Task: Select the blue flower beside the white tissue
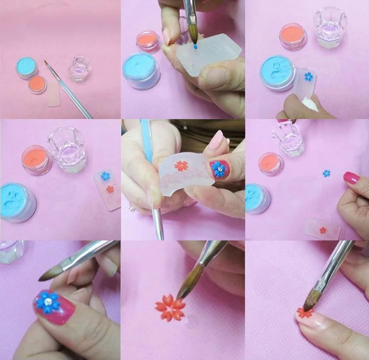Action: (309, 76)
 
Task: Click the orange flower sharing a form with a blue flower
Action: (110, 189)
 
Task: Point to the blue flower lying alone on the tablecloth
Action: (327, 174)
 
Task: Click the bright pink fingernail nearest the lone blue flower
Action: (351, 178)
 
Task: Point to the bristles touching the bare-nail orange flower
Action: (310, 303)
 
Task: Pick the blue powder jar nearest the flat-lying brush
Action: (27, 68)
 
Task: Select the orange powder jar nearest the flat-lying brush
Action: (37, 84)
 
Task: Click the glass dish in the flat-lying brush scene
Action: (80, 68)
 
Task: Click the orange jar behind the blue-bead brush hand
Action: (147, 41)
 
